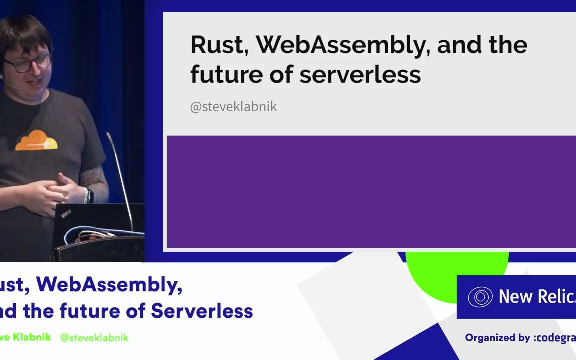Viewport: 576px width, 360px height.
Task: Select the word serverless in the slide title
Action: point(360,74)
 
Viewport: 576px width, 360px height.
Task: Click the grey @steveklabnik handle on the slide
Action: point(233,107)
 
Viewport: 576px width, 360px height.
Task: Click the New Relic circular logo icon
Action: point(480,297)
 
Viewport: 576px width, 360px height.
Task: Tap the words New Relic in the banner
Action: point(537,297)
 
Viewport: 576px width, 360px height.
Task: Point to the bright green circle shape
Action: point(457,267)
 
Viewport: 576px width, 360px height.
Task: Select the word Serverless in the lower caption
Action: point(202,311)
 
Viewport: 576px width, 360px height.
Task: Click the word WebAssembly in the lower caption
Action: point(109,284)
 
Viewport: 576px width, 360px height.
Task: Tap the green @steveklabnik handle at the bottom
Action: point(94,338)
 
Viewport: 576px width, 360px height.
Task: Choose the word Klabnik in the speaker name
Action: point(31,337)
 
